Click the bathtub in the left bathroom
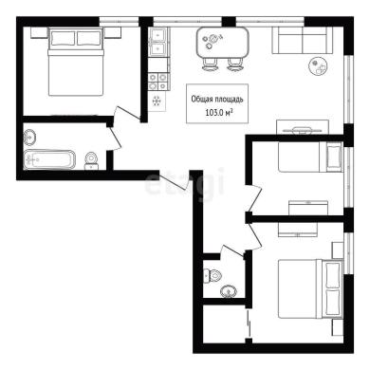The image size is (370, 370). click(x=49, y=159)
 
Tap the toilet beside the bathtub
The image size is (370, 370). click(x=92, y=160)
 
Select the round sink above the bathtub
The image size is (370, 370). click(x=30, y=137)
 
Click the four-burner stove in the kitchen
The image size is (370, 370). click(x=157, y=82)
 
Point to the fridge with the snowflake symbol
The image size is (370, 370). click(x=157, y=101)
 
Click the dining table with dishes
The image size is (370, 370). click(x=223, y=43)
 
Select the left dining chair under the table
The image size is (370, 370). click(x=210, y=65)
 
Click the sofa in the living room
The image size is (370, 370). click(x=303, y=40)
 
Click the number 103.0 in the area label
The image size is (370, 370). click(x=215, y=113)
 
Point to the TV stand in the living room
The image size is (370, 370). click(x=303, y=127)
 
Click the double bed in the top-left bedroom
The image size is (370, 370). click(x=76, y=62)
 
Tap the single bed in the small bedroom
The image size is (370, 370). click(x=310, y=157)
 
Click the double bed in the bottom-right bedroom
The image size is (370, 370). click(x=310, y=288)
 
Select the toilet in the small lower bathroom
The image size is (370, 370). click(x=212, y=275)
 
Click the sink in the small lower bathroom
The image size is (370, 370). click(x=229, y=291)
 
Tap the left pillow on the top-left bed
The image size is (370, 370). click(x=64, y=38)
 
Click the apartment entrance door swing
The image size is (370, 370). click(x=174, y=180)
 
